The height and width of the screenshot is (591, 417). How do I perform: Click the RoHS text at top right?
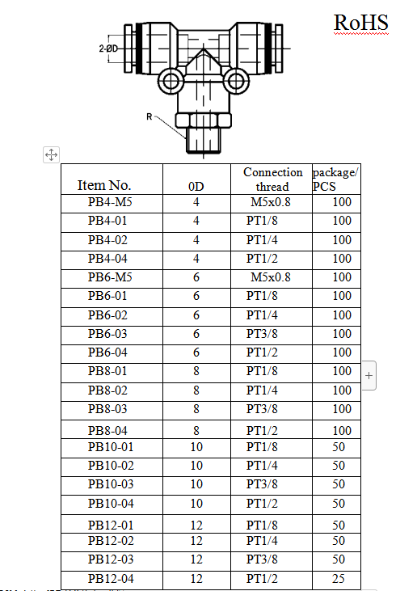[x=361, y=23]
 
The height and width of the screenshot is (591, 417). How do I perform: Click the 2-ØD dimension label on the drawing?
[x=108, y=49]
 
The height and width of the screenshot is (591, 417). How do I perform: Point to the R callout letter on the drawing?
[x=150, y=117]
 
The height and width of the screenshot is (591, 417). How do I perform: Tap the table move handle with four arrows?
[x=51, y=154]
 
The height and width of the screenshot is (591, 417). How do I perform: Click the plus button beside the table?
[x=369, y=375]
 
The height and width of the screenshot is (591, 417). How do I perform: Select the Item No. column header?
[x=104, y=185]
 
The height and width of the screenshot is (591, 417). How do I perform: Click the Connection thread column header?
[x=272, y=179]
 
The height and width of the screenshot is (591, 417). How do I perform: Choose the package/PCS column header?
[x=335, y=179]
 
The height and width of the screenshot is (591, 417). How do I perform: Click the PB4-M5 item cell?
[x=110, y=202]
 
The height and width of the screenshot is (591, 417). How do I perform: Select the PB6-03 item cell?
[x=107, y=334]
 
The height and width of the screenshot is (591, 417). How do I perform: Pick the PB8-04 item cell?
[x=107, y=430]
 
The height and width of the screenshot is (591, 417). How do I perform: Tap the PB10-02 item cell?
[x=111, y=466]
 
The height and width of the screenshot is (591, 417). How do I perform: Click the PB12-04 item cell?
[x=111, y=579]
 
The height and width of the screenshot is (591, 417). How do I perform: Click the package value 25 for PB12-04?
[x=339, y=579]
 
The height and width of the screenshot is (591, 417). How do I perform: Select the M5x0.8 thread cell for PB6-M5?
[x=271, y=277]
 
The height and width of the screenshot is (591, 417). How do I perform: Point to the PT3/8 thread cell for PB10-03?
[x=262, y=484]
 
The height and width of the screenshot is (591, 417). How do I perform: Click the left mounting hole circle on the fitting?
[x=171, y=81]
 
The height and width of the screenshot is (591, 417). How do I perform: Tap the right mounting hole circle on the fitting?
[x=236, y=81]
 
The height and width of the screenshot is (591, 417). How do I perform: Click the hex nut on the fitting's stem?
[x=204, y=120]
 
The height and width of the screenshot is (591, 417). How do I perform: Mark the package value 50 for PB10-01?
[x=339, y=447]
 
